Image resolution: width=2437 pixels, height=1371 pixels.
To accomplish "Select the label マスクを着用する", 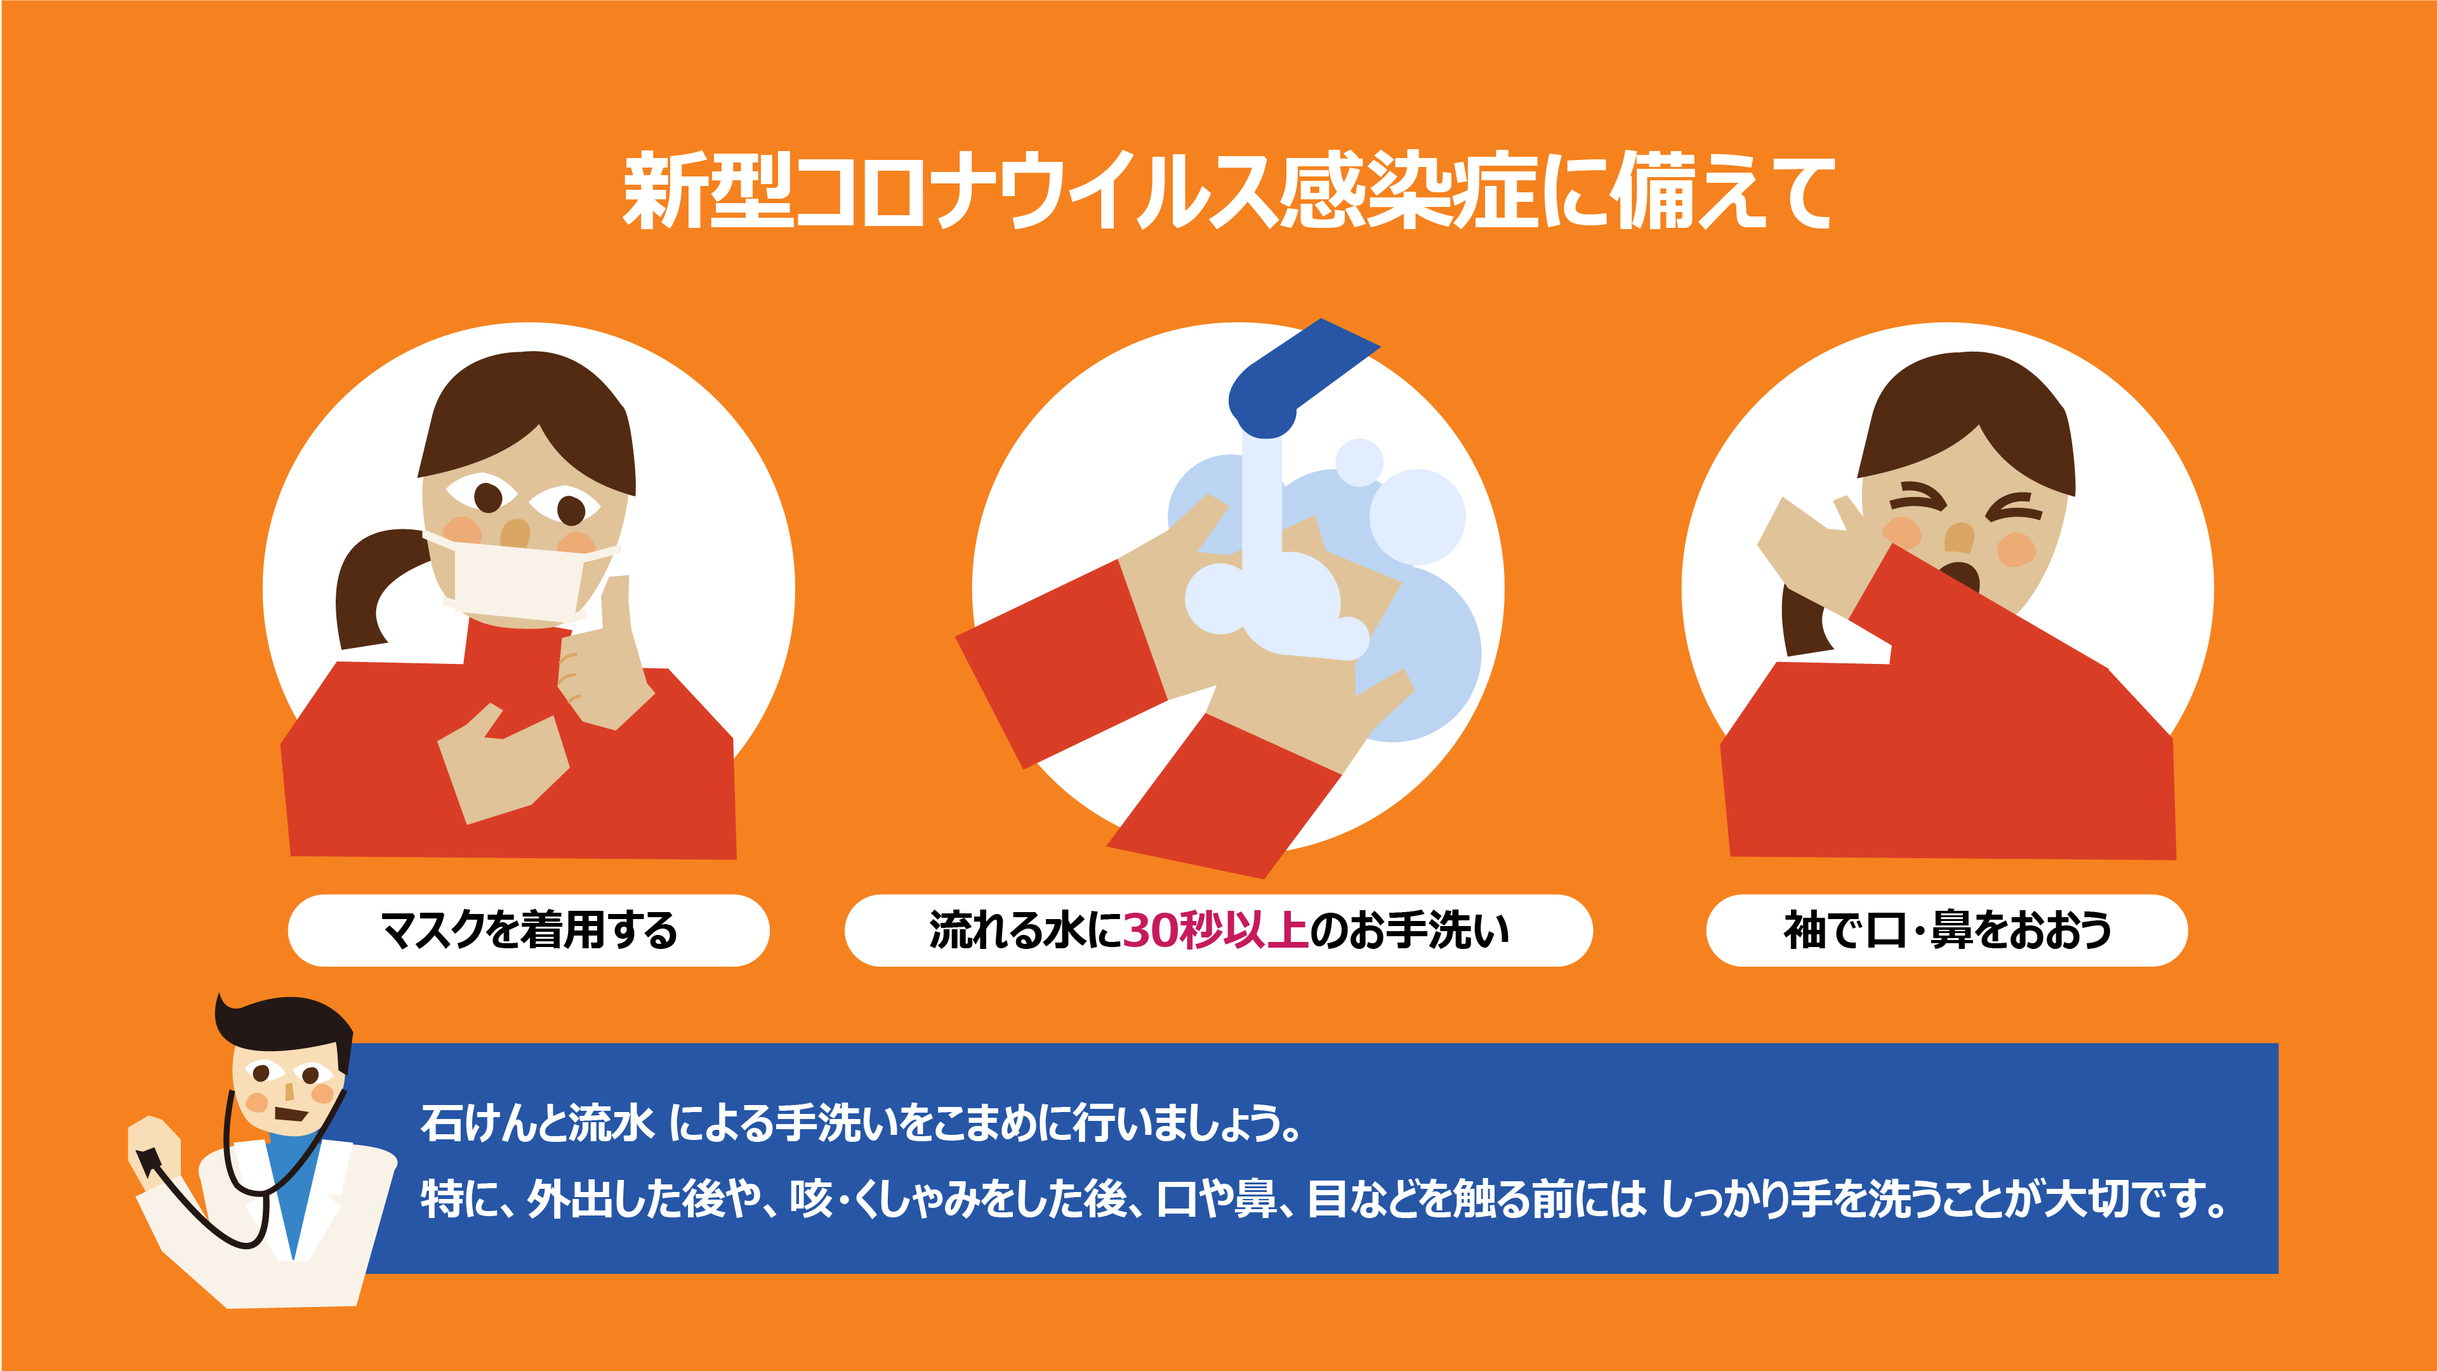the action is click(528, 930).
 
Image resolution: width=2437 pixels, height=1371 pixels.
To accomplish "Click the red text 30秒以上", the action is click(1216, 930).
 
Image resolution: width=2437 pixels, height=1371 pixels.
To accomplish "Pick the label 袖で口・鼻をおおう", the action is click(1947, 930).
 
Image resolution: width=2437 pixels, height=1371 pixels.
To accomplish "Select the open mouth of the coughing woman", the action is click(1959, 576).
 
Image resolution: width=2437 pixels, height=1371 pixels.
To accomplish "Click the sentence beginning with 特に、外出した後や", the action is click(1323, 1199).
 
